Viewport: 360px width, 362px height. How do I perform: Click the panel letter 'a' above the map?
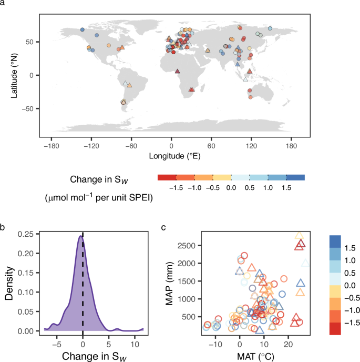4,4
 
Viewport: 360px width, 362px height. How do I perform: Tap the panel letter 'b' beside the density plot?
4,227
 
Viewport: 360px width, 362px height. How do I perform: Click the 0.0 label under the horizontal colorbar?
231,187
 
